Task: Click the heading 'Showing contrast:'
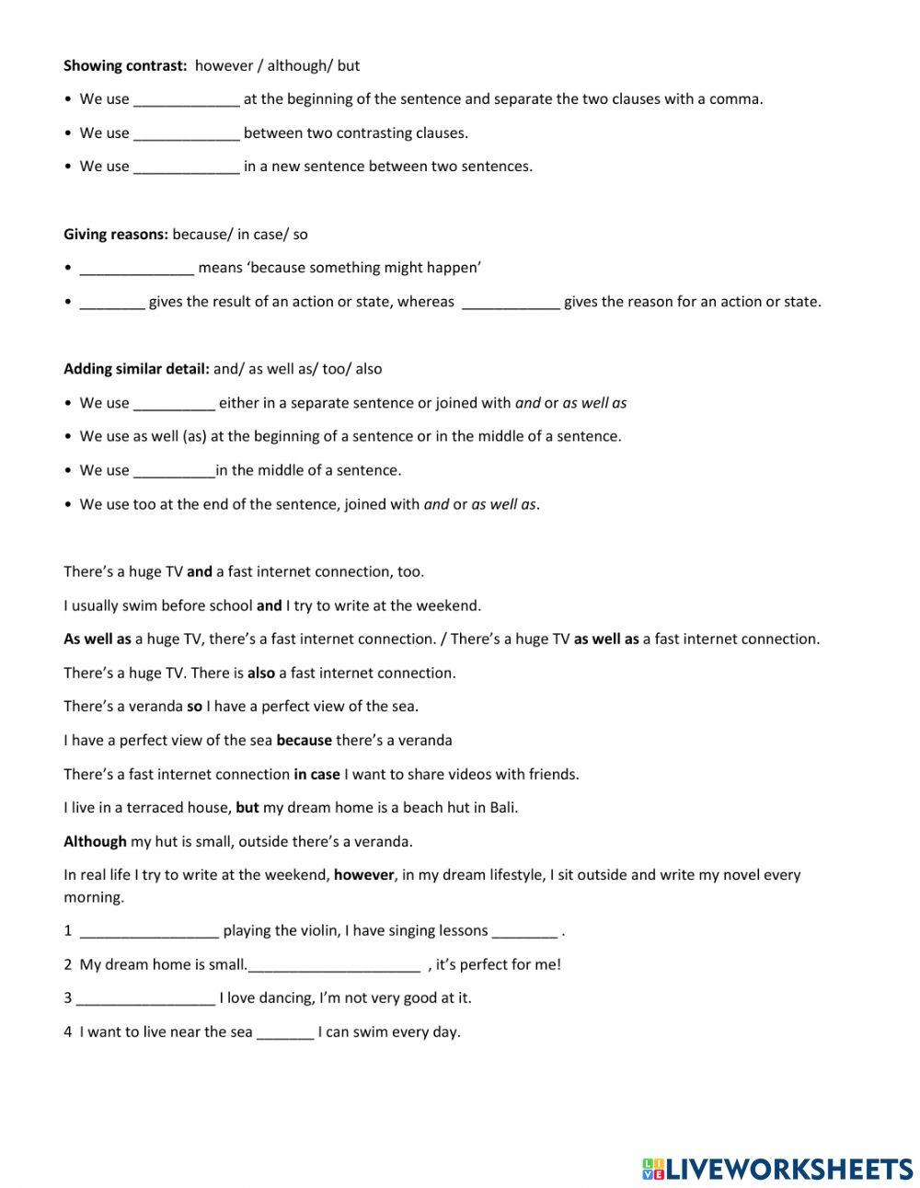point(125,65)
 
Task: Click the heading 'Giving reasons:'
point(116,234)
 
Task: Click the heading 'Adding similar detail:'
point(136,369)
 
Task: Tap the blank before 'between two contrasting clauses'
point(187,133)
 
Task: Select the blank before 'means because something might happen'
point(137,269)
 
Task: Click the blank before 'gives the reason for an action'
point(510,302)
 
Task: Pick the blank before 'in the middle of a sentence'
point(174,471)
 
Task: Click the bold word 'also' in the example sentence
point(261,673)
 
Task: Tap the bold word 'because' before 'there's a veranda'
point(304,740)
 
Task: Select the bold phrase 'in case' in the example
point(316,774)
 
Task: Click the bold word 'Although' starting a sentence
point(95,841)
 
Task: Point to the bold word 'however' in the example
point(363,875)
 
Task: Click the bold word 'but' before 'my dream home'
point(247,808)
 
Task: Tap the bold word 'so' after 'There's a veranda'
point(194,707)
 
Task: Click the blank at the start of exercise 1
point(149,931)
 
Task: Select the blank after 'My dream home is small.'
point(334,965)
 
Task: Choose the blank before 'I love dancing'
point(145,998)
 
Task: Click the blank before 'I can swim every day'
point(285,1032)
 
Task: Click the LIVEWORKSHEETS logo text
point(788,1169)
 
